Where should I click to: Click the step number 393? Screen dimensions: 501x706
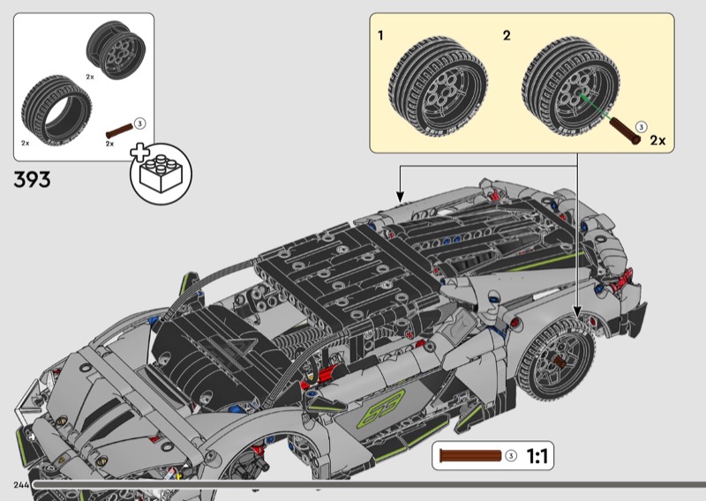click(32, 180)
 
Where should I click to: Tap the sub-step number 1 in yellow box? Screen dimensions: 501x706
click(380, 36)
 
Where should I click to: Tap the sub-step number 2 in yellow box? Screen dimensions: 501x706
click(507, 36)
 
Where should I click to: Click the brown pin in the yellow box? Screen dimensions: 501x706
click(622, 130)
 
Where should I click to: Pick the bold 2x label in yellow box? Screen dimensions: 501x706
click(657, 140)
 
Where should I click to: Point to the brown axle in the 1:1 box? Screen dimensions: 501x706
click(470, 457)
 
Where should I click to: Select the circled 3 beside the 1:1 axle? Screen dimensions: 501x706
click(511, 457)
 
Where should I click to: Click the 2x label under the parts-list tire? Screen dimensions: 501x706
click(26, 143)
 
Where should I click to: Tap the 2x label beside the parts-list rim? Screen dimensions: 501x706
click(90, 78)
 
